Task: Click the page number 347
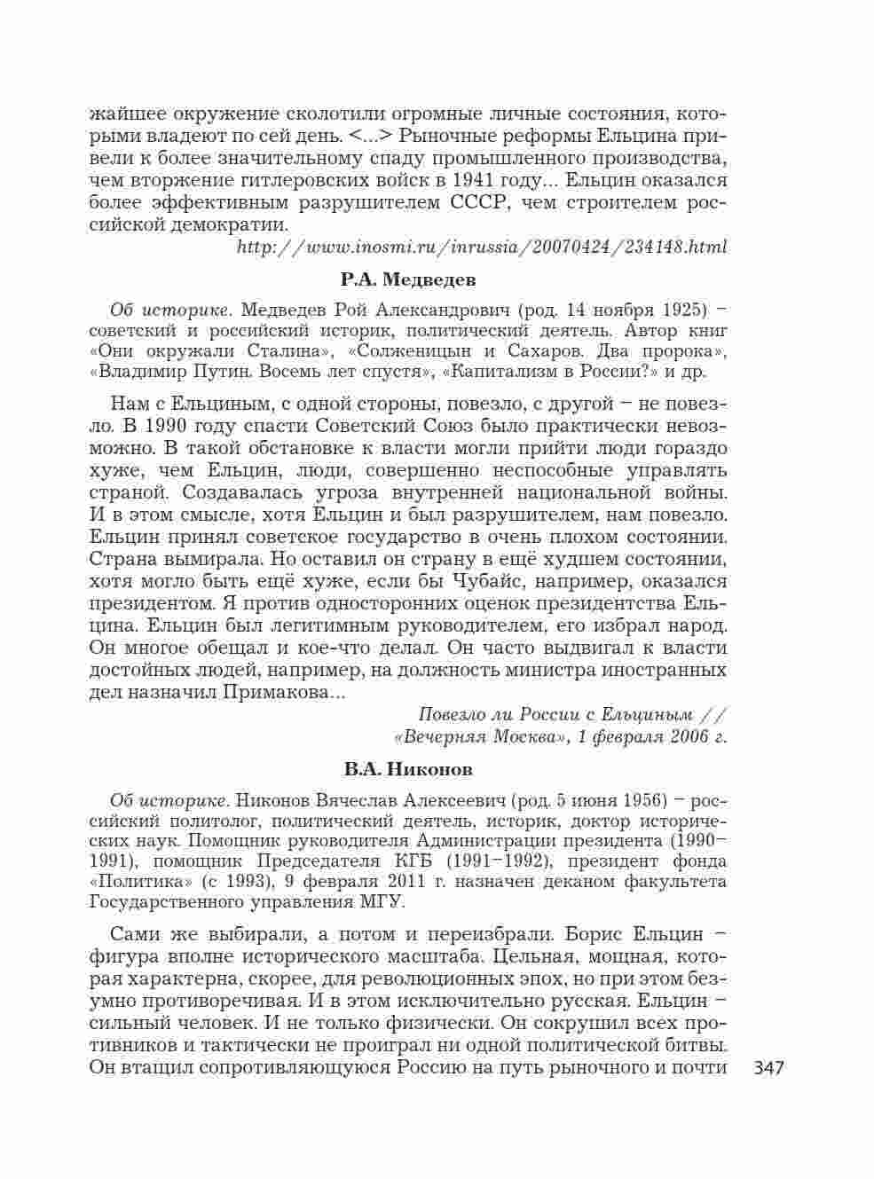pyautogui.click(x=768, y=1068)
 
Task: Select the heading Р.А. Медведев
pyautogui.click(x=408, y=280)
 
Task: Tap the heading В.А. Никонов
pyautogui.click(x=408, y=768)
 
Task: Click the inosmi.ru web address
pyautogui.click(x=482, y=247)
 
